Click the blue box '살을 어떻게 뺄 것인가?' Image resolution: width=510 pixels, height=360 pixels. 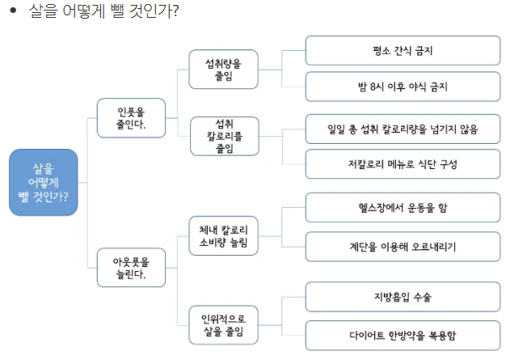tap(43, 182)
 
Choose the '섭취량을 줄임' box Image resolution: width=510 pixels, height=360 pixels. tap(223, 67)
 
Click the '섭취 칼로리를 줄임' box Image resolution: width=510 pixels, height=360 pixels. tap(223, 136)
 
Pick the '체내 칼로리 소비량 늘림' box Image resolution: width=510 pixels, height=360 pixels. tap(223, 235)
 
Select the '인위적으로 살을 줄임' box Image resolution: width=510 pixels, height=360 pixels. tap(223, 322)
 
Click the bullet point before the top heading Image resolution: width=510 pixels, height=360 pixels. tap(13, 13)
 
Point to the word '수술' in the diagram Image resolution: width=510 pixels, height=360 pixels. tap(420, 297)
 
